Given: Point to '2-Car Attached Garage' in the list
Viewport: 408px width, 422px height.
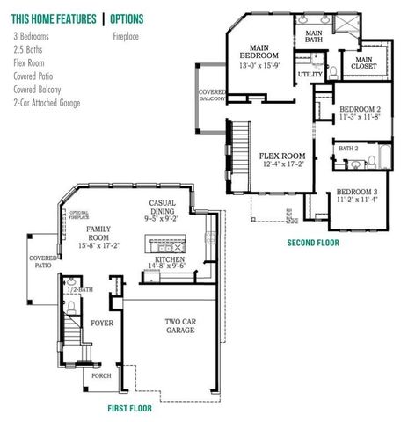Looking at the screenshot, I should [47, 103].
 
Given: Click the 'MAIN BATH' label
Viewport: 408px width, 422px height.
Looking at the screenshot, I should [314, 36].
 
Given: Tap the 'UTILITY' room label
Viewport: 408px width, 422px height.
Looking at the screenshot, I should [311, 75].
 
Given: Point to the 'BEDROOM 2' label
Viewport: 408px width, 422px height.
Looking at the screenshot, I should [359, 109].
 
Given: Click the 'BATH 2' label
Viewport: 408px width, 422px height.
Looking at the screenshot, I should [348, 149].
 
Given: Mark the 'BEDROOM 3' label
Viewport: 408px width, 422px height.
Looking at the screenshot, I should [357, 192].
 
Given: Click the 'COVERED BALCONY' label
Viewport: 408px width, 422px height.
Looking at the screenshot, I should [212, 96].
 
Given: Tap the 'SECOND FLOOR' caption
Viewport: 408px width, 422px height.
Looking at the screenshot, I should [313, 242].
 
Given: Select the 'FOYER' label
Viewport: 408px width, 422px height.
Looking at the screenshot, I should [102, 323].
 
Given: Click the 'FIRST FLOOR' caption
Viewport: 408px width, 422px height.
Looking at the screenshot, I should [129, 408].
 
